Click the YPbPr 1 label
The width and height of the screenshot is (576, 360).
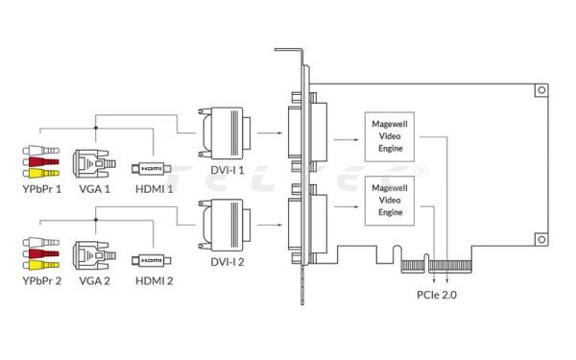click(x=42, y=189)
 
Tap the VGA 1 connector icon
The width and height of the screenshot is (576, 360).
click(x=94, y=163)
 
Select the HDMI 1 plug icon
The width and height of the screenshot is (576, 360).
click(x=152, y=169)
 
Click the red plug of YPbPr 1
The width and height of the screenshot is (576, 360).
click(x=40, y=161)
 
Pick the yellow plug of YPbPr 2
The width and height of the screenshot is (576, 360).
click(x=40, y=265)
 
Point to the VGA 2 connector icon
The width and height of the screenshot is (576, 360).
click(x=94, y=255)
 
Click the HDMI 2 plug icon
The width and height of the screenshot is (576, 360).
click(x=152, y=260)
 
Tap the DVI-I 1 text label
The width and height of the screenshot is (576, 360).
click(x=227, y=170)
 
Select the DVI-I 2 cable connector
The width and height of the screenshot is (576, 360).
click(x=225, y=224)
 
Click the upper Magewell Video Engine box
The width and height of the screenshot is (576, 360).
click(x=390, y=136)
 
